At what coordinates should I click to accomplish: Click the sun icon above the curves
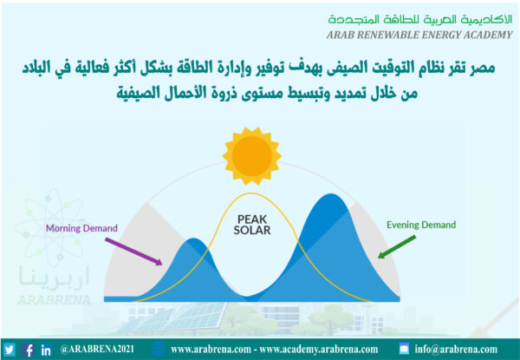coord(251,155)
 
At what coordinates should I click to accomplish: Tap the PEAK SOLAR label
coord(251,225)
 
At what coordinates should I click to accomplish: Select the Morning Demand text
coord(81,228)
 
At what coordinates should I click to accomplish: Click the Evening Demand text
coord(421,225)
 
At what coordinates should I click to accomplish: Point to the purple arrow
coord(133,252)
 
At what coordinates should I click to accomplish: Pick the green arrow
coord(397,247)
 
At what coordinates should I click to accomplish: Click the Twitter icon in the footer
coord(9,350)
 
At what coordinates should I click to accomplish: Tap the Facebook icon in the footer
coord(28,350)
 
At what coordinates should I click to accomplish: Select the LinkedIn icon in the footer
coord(46,350)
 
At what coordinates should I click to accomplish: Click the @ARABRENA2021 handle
coord(97,349)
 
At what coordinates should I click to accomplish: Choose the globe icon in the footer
coord(159,349)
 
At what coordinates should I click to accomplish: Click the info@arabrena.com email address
coord(456,350)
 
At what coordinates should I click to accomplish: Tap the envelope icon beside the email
coord(404,349)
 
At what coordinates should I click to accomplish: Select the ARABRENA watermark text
coord(54,300)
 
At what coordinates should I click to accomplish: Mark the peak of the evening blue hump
coord(330,193)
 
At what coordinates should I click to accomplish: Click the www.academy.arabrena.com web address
coord(319,350)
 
